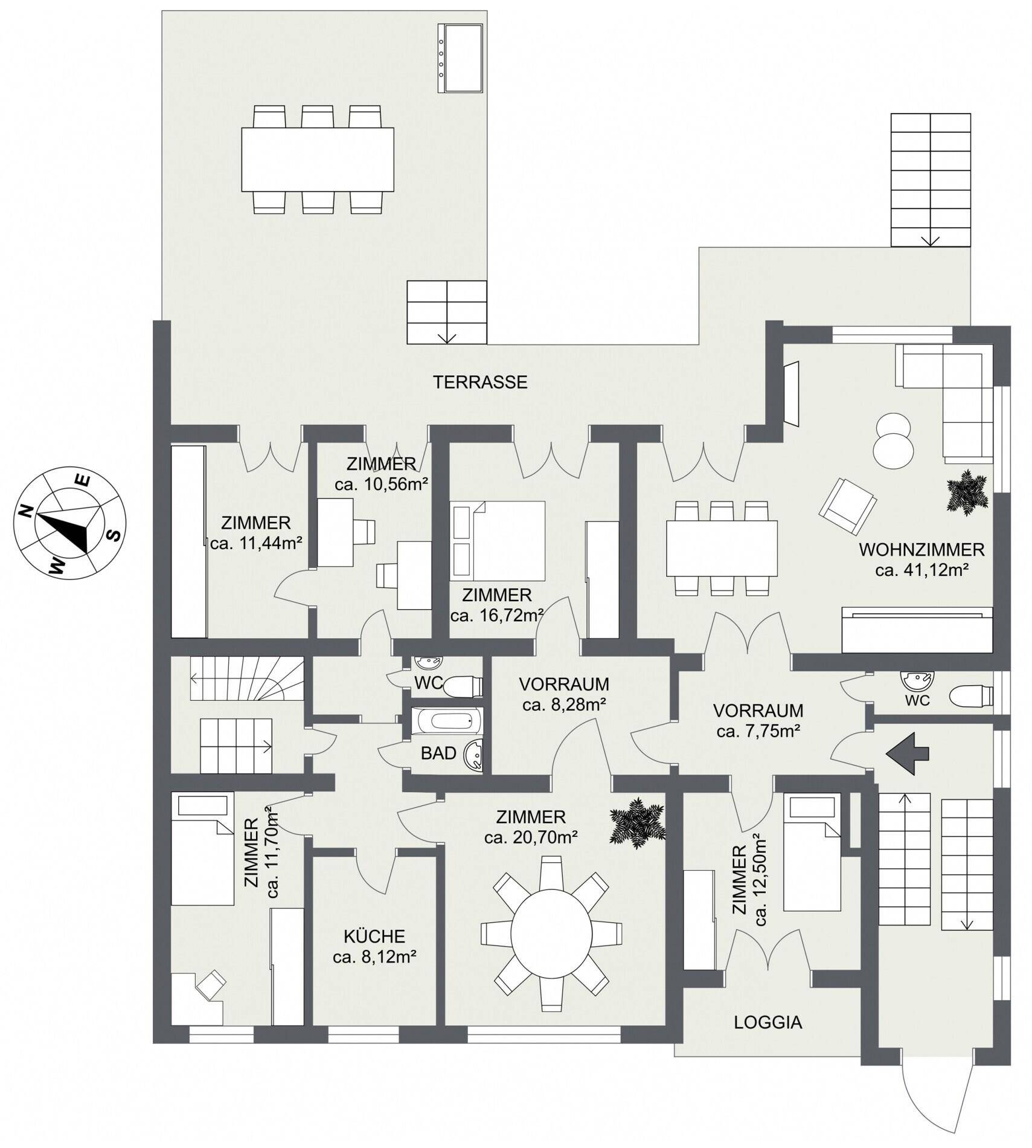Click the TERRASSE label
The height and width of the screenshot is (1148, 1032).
pyautogui.click(x=480, y=382)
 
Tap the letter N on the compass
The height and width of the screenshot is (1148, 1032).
pyautogui.click(x=25, y=512)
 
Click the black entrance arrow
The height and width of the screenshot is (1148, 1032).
pyautogui.click(x=907, y=753)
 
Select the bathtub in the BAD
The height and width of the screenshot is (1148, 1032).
pyautogui.click(x=446, y=721)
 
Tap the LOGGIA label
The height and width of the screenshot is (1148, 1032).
pyautogui.click(x=768, y=1022)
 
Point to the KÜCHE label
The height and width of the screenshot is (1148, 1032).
pyautogui.click(x=374, y=936)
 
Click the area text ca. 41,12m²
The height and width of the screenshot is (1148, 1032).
pyautogui.click(x=922, y=570)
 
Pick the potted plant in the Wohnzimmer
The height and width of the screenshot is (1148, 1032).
pyautogui.click(x=967, y=492)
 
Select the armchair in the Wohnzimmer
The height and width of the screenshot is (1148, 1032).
pyautogui.click(x=847, y=506)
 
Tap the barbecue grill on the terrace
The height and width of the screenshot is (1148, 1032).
pyautogui.click(x=460, y=59)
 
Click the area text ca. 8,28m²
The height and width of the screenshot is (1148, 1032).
pyautogui.click(x=564, y=704)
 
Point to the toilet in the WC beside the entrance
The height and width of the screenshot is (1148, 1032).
pyautogui.click(x=970, y=696)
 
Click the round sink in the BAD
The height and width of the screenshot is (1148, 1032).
pyautogui.click(x=474, y=755)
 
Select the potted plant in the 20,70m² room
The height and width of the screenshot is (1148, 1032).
pyautogui.click(x=637, y=821)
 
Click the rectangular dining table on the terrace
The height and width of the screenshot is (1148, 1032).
pyautogui.click(x=318, y=160)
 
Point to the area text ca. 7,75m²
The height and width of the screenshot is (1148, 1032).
pyautogui.click(x=758, y=731)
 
